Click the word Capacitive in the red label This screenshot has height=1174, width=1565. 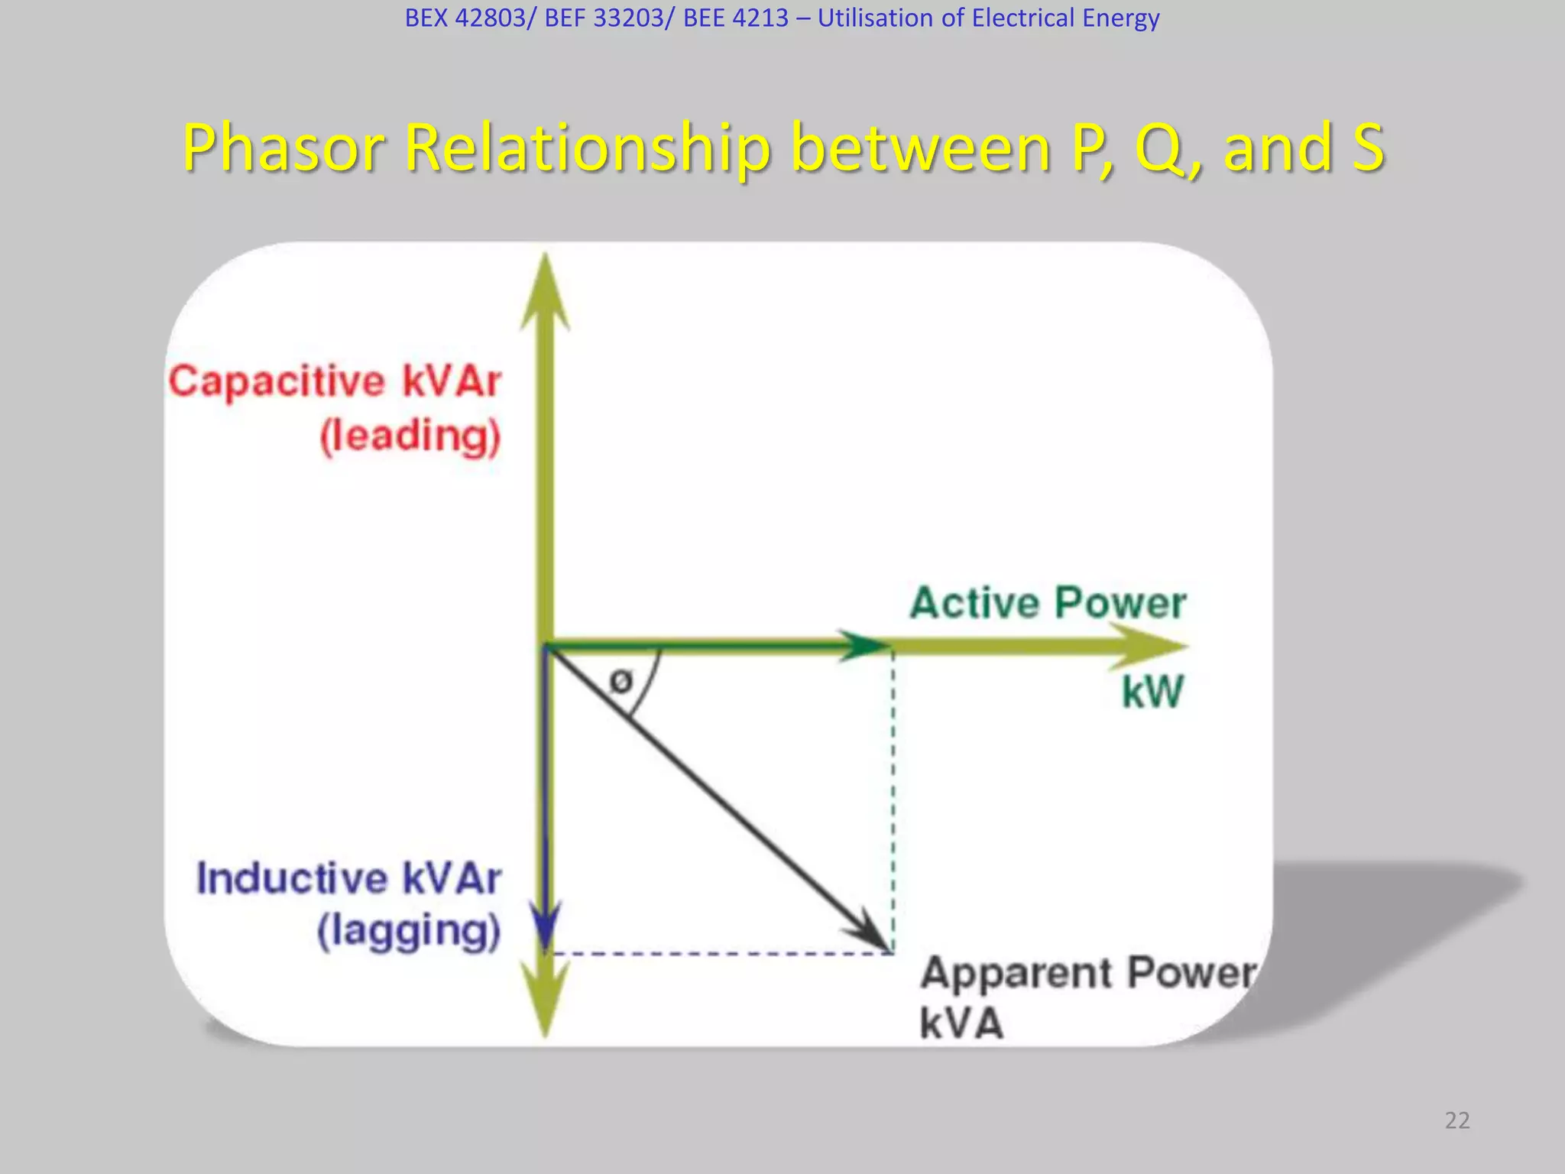[x=277, y=382]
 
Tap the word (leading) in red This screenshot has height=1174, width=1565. [x=410, y=436]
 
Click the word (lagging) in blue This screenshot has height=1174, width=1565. [x=409, y=932]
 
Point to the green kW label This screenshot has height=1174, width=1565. [x=1152, y=692]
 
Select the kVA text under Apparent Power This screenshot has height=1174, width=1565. [x=961, y=1023]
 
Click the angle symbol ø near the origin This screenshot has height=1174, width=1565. [x=621, y=680]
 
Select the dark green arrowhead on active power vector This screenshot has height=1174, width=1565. [x=864, y=646]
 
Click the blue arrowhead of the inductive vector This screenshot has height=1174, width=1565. [x=546, y=925]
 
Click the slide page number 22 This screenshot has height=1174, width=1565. [x=1457, y=1120]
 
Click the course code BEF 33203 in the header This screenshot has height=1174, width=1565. [x=604, y=18]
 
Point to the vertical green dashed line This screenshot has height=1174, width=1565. [x=893, y=803]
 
